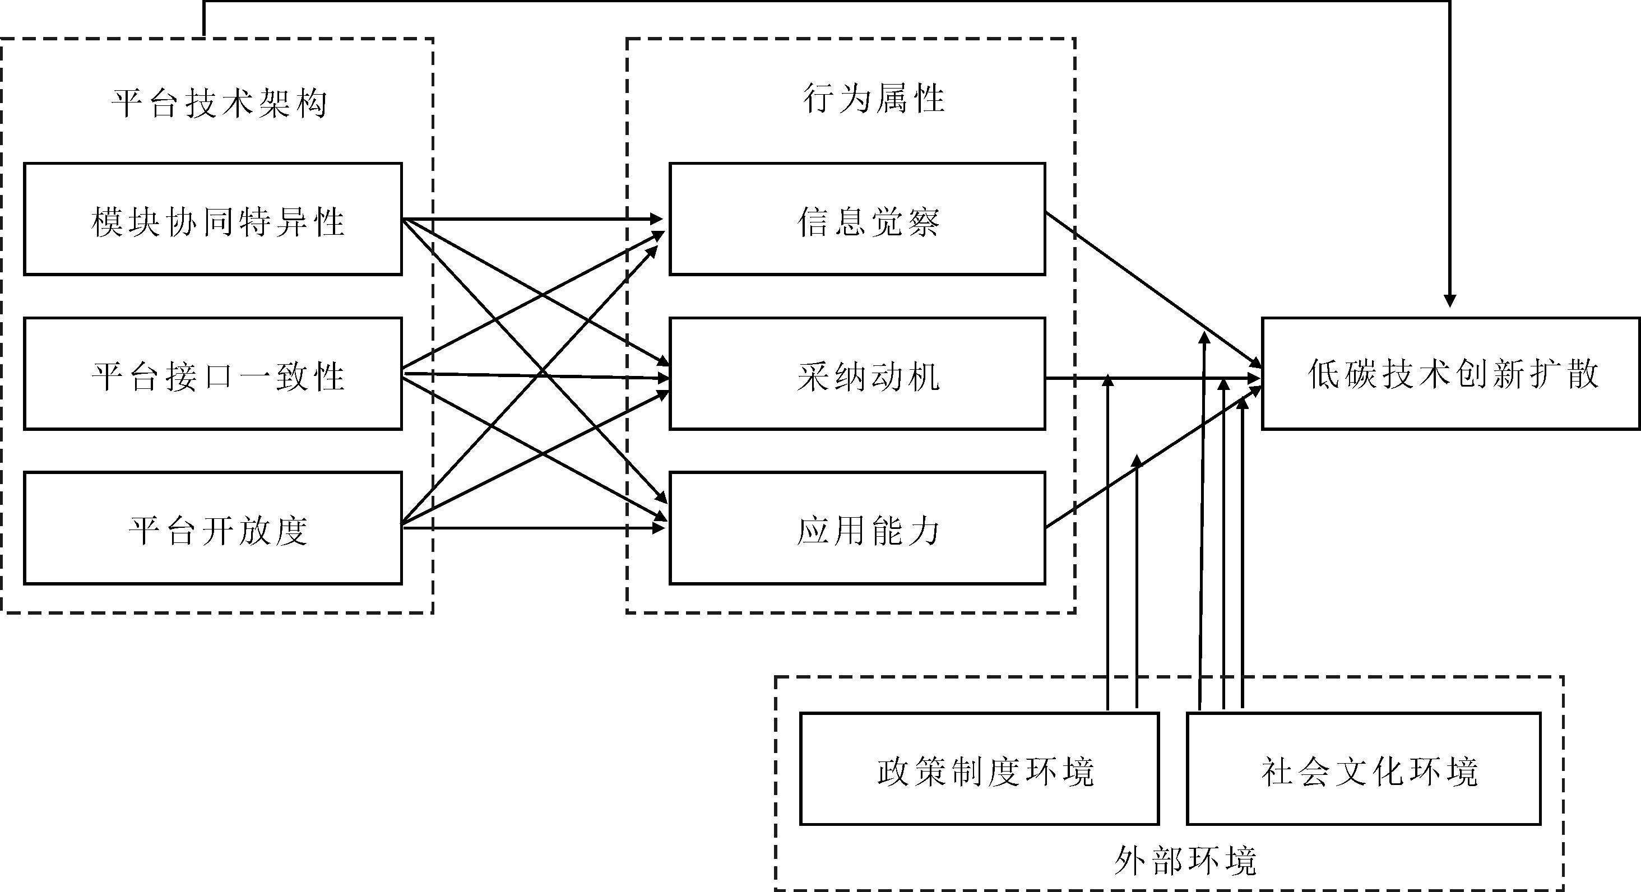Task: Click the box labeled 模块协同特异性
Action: click(x=213, y=219)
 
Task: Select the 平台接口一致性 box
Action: click(x=213, y=374)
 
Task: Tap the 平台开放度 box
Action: click(x=213, y=528)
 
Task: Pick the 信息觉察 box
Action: click(x=857, y=219)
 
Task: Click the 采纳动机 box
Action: click(x=857, y=374)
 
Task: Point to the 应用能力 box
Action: click(x=857, y=528)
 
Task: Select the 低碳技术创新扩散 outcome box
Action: click(x=1450, y=374)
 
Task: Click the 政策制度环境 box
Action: click(x=979, y=769)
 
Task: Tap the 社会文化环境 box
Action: click(x=1364, y=769)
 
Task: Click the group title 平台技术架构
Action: click(x=220, y=103)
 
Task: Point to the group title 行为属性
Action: click(x=873, y=99)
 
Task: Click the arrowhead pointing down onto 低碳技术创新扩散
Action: click(x=1449, y=300)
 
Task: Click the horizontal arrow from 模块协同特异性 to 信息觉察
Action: click(x=532, y=219)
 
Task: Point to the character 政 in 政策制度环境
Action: click(x=894, y=772)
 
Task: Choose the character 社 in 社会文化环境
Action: click(x=1278, y=772)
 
